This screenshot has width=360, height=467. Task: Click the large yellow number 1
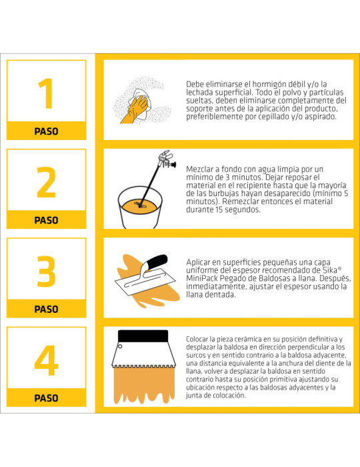coord(46,93)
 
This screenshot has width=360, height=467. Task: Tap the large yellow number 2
coord(46,182)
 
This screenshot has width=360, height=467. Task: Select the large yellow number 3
coord(46,272)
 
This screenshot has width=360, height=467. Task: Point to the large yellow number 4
coord(46,360)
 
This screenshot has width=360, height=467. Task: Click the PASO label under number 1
coord(46,131)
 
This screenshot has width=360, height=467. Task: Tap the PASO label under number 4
coord(46,398)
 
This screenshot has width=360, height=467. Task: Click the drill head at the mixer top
coord(167,159)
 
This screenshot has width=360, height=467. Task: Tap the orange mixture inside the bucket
coord(140,206)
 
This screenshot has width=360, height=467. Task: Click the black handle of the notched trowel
coord(143,336)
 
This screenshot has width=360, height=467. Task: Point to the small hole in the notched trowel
coord(120,346)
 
